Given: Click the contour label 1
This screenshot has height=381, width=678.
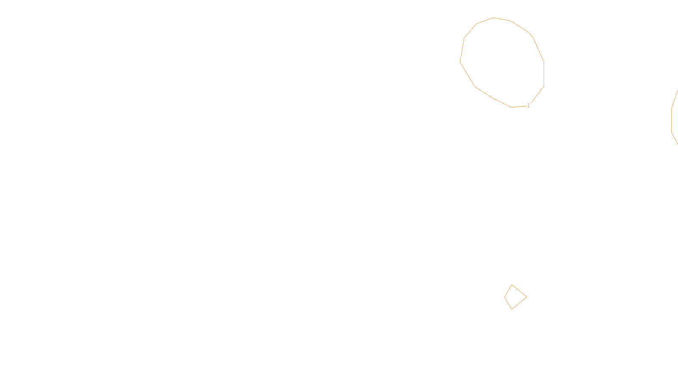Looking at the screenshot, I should [x=528, y=105].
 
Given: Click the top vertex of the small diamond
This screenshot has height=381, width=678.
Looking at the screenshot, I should [x=512, y=285].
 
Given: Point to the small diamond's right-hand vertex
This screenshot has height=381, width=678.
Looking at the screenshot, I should [x=527, y=297].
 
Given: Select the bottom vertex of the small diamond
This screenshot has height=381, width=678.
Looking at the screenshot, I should [x=512, y=309].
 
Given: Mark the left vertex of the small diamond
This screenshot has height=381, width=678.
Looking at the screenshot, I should [x=504, y=297].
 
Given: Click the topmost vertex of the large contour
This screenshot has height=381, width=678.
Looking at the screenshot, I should [x=494, y=17].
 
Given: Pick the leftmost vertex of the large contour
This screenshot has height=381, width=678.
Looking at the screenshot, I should [x=460, y=62].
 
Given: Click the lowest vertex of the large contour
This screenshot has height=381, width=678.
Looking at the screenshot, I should [x=512, y=107].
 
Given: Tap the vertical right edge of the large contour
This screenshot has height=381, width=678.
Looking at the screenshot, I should [x=544, y=75].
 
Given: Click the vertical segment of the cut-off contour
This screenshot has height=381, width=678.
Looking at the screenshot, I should [x=671, y=121].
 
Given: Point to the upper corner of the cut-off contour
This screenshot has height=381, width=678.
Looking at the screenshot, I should [x=672, y=108].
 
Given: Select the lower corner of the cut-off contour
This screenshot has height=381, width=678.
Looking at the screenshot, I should [x=671, y=133].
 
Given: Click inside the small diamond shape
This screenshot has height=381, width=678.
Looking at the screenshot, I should [x=514, y=297].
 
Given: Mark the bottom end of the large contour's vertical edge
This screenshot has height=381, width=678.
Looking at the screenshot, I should [x=544, y=87].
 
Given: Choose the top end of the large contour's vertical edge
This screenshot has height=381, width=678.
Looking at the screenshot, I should [x=544, y=62].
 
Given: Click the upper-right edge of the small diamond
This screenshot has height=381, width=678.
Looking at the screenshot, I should [x=520, y=291].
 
